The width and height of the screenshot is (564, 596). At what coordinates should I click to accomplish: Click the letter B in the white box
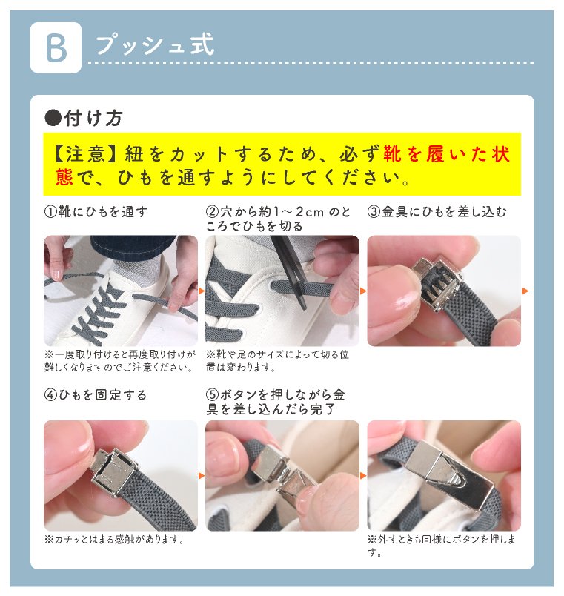(x=56, y=48)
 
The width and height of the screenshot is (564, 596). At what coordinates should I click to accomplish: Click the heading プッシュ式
(x=155, y=45)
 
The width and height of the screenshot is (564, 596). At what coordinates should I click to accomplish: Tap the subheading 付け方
(x=93, y=118)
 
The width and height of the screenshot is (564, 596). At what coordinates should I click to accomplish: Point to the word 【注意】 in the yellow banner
(x=84, y=154)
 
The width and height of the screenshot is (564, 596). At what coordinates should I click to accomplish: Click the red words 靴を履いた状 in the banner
(x=447, y=154)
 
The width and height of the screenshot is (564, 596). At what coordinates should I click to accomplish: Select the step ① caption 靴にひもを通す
(x=102, y=212)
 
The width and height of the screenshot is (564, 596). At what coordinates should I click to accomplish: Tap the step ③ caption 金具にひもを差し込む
(x=444, y=212)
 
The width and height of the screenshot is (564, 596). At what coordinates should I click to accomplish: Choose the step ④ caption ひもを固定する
(x=102, y=395)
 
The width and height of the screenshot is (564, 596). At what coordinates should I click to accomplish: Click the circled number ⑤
(x=213, y=395)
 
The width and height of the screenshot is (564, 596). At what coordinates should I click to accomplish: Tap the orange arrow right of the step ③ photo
(x=525, y=291)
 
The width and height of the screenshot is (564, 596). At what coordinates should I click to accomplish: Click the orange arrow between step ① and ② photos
(x=202, y=291)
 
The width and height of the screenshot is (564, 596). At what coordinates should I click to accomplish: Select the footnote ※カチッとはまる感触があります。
(x=114, y=539)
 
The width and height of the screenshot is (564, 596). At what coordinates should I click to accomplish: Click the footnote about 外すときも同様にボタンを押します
(x=441, y=545)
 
